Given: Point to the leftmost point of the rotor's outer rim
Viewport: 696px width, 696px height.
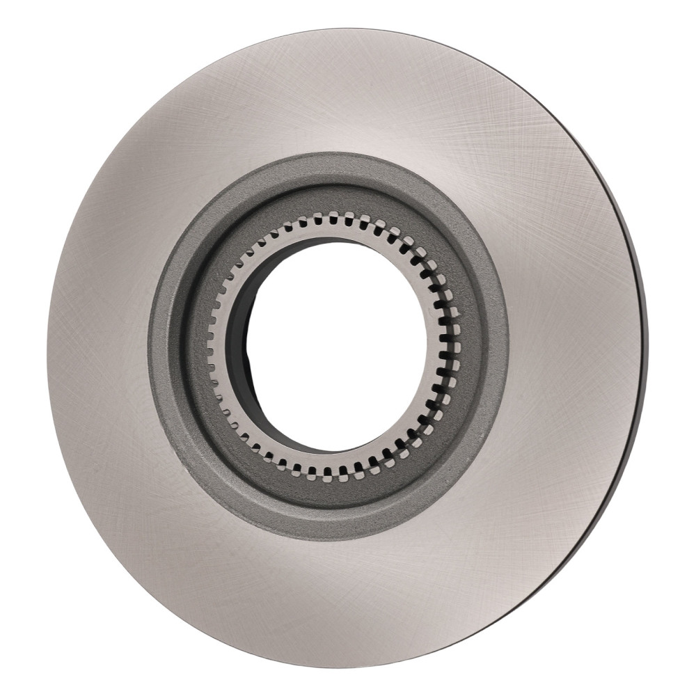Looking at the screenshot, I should click(47, 348).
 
